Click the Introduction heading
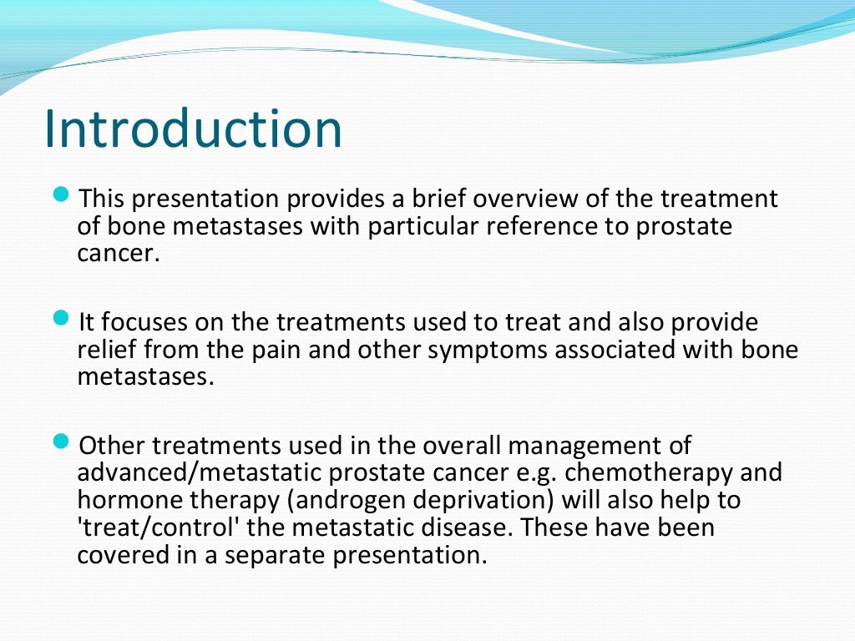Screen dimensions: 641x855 click(x=193, y=129)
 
